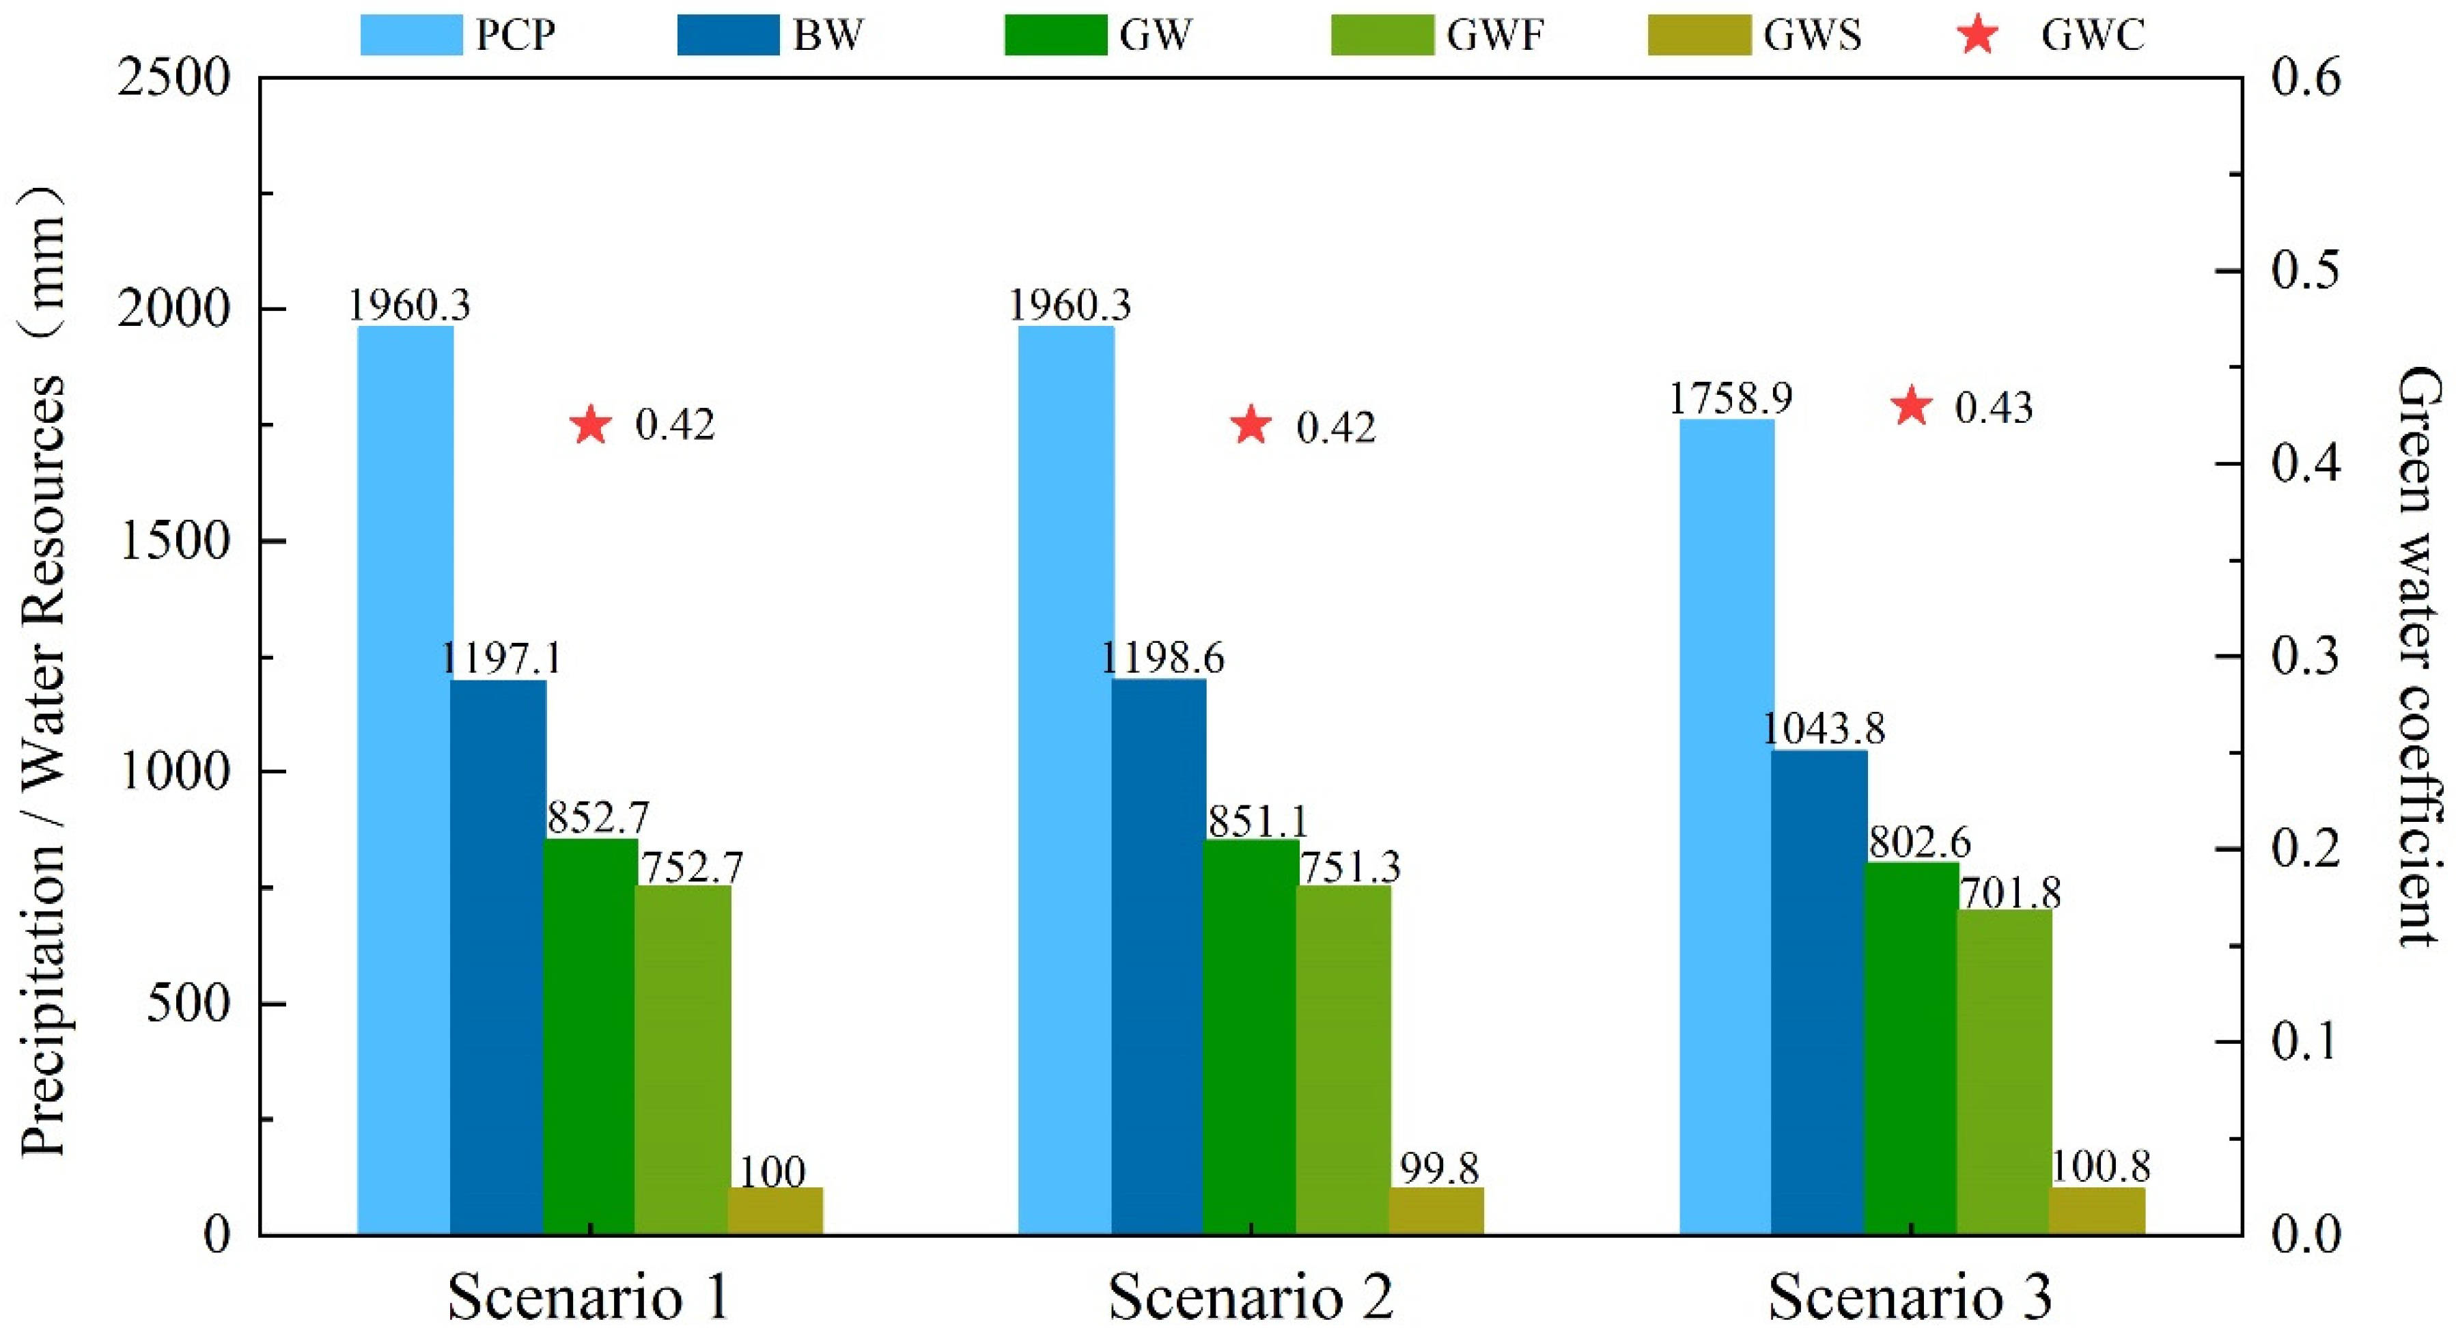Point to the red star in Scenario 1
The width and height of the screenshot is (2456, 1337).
pos(590,426)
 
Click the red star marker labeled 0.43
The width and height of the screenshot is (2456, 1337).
pos(1912,407)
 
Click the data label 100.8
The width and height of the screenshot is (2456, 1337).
pos(2099,1168)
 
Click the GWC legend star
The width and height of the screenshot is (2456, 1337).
pos(1979,36)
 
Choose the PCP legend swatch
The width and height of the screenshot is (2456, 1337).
pos(410,36)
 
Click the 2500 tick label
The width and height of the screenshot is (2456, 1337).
pos(173,78)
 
